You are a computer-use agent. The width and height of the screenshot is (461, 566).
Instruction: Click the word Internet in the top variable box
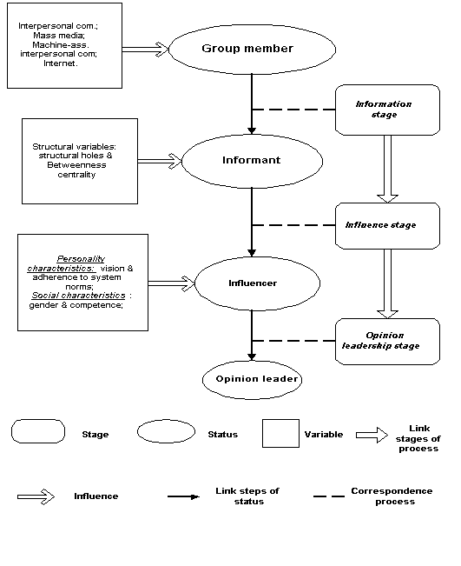60,63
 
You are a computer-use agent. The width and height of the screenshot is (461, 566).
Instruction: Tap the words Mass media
59,36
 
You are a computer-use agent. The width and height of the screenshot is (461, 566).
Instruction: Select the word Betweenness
76,165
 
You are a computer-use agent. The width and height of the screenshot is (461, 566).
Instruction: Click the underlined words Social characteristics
79,296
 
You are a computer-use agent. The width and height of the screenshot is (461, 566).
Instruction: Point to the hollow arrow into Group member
145,50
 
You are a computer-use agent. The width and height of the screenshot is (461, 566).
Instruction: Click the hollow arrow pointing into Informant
160,161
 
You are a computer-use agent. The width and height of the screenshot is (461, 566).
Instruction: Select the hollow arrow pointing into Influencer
172,283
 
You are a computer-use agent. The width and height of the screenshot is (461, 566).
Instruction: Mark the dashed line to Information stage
293,110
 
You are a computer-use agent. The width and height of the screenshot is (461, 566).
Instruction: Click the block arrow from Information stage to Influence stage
387,169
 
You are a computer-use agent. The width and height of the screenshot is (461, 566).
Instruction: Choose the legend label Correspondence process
392,496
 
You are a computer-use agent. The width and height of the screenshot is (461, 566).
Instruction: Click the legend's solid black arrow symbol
183,496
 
